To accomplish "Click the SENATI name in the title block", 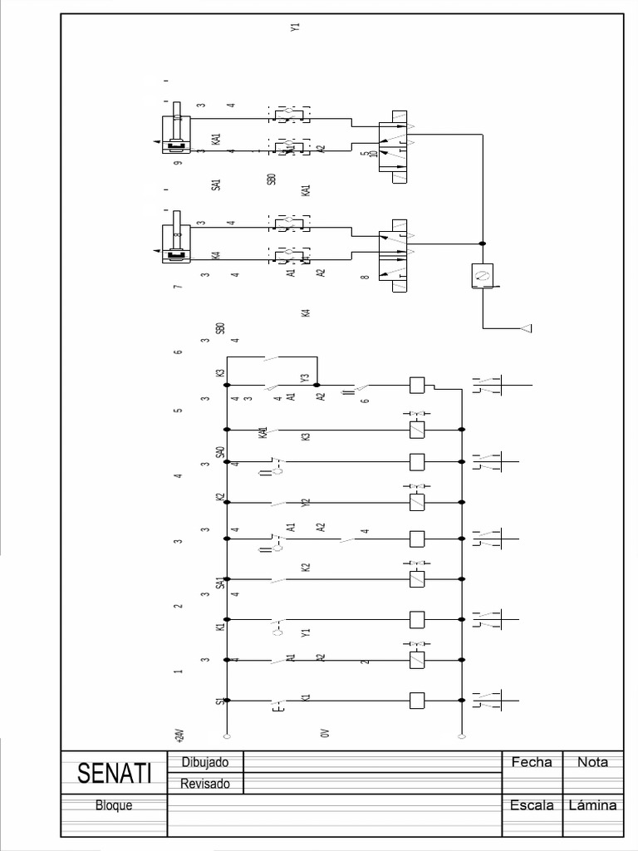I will (115, 774).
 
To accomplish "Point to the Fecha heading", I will (532, 761).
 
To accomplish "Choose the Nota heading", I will (592, 761).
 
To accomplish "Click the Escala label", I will (532, 805).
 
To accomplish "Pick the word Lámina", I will (592, 805).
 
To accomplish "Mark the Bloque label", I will (114, 805).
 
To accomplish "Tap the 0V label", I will (325, 733).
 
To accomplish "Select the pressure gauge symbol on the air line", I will (482, 274).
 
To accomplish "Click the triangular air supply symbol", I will (525, 328).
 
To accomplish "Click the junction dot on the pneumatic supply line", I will (483, 243).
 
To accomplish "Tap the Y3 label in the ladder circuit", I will (305, 379).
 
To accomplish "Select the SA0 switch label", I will (220, 453).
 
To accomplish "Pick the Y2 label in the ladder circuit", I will (306, 503).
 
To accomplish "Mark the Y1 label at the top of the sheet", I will (295, 27).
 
